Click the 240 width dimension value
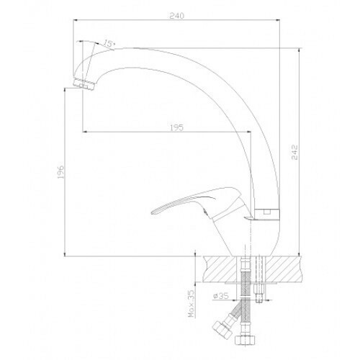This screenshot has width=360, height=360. click(x=176, y=16)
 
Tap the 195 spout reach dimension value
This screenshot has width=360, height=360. click(x=176, y=127)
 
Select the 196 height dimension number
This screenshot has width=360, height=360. click(x=61, y=171)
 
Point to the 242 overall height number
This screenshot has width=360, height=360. click(x=294, y=152)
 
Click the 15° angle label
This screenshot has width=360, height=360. click(x=109, y=43)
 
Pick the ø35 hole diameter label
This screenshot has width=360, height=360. click(x=220, y=296)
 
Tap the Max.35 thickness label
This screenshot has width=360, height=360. click(x=192, y=305)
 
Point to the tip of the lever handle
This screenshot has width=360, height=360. click(x=152, y=212)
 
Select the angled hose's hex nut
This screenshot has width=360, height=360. click(x=222, y=328)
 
